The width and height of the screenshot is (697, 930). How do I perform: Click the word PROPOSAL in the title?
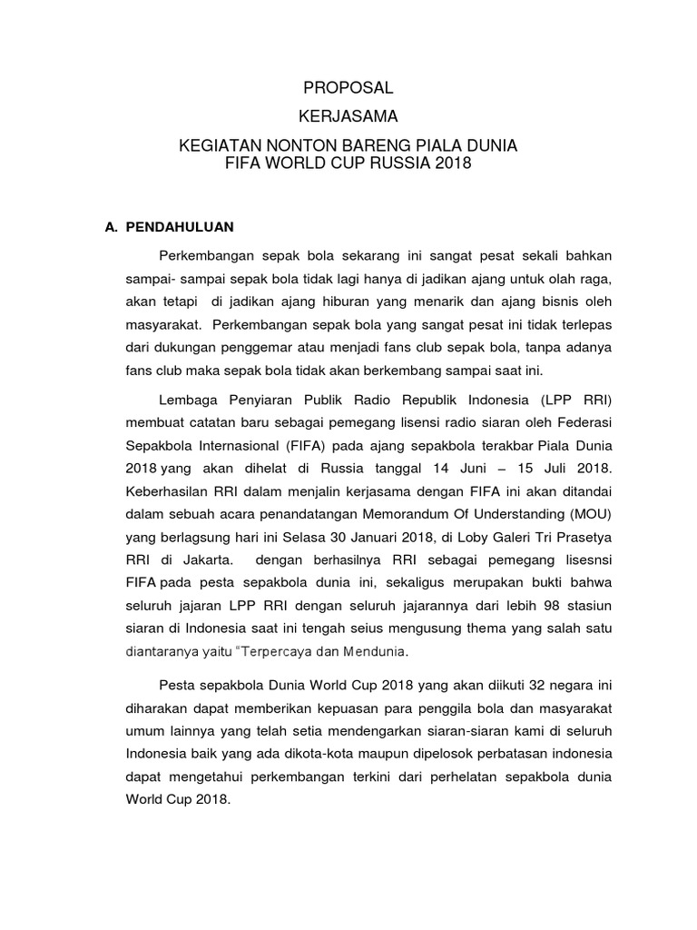348,88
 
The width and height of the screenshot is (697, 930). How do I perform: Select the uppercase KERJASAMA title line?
348,117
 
